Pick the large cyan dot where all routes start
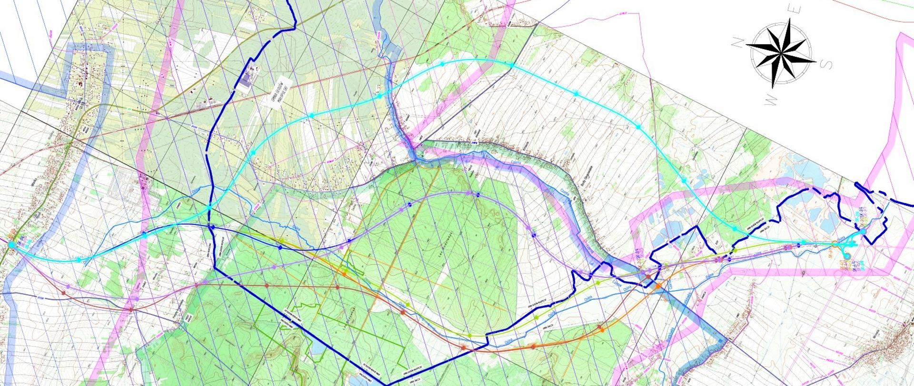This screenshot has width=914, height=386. point(11,244)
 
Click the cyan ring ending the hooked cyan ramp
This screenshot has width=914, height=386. point(845,255)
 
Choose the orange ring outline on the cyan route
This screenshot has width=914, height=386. point(834,244)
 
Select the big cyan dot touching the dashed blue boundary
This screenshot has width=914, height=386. point(863,232)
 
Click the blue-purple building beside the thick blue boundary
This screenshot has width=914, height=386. point(247,82)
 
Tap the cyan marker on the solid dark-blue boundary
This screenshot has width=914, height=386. point(209,208)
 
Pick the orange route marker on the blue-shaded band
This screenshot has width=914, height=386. point(658,286)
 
